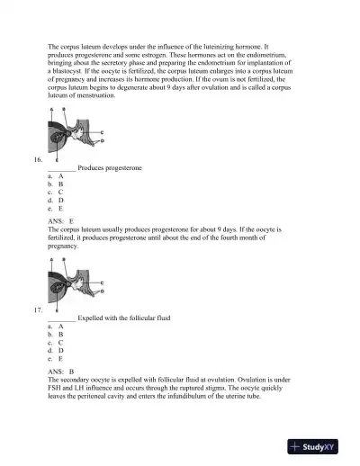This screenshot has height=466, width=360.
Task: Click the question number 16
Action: [37, 160]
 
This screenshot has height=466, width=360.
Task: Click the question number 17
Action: [37, 310]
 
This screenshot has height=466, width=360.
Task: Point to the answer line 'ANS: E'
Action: [59, 220]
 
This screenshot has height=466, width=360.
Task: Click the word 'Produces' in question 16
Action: [93, 168]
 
